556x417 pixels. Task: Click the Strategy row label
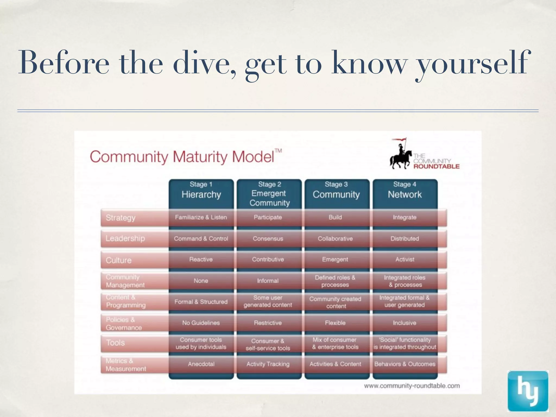[121, 218]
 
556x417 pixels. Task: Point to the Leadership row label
[125, 239]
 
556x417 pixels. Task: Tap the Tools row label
[115, 343]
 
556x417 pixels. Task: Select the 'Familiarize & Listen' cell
[201, 217]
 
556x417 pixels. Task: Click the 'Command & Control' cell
[201, 239]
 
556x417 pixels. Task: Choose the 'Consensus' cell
[268, 239]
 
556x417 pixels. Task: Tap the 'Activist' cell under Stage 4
[405, 260]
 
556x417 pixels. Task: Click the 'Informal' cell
[268, 281]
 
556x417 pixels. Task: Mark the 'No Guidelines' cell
[201, 323]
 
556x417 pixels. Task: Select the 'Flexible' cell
[335, 323]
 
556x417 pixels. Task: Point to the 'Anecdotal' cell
[201, 364]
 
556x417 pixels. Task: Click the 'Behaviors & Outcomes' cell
[405, 364]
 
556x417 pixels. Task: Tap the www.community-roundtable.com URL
[412, 386]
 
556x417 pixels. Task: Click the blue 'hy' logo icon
[528, 391]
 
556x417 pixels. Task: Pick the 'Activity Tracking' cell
[268, 364]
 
